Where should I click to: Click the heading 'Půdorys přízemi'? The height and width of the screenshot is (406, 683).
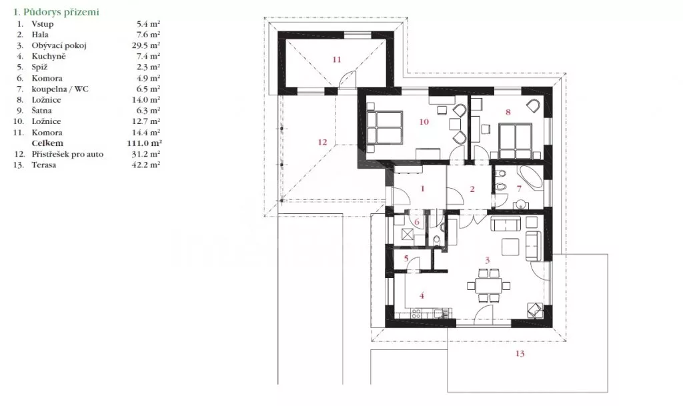[x=61, y=12]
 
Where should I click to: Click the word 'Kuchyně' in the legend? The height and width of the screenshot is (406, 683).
[x=48, y=56]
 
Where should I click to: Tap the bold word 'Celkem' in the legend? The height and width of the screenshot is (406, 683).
[x=47, y=143]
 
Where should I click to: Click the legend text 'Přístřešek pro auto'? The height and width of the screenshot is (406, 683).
[x=67, y=154]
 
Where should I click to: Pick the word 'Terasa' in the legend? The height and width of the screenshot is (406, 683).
[x=43, y=165]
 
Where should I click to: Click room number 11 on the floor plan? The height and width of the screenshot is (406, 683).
[x=337, y=59]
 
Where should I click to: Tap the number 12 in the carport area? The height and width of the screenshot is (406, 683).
[x=322, y=142]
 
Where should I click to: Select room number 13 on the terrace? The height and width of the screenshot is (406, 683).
[x=520, y=353]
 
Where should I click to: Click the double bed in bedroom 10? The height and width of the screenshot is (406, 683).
[x=384, y=126]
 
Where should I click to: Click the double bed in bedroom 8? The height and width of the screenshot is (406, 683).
[x=516, y=141]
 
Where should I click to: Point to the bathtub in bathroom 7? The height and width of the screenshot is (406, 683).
[x=530, y=179]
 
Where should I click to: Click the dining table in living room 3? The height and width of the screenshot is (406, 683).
[x=488, y=285]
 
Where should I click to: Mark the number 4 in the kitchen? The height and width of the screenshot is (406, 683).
[x=422, y=295]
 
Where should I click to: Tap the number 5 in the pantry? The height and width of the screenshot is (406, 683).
[x=406, y=259]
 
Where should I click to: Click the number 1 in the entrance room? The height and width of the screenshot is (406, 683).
[x=422, y=189]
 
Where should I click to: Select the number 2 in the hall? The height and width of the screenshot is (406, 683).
[x=472, y=189]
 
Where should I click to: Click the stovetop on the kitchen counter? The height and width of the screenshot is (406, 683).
[x=416, y=313]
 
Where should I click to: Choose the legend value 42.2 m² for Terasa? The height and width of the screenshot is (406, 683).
[x=146, y=165]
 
